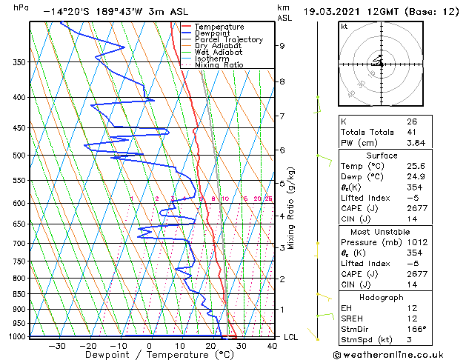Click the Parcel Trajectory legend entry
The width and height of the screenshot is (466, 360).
pos(228,39)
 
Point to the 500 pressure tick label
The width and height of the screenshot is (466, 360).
pos(18,156)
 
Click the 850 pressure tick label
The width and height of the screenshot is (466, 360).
pos(18,294)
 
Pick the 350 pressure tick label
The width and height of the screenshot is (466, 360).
pos(18,62)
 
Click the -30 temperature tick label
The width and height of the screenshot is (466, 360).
pos(57,345)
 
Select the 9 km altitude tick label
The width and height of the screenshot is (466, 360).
pos(282,46)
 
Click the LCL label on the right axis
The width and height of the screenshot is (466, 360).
pos(291,337)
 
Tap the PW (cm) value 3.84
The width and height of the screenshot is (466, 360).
pos(414,143)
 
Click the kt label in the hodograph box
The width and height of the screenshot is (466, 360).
pos(344,27)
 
